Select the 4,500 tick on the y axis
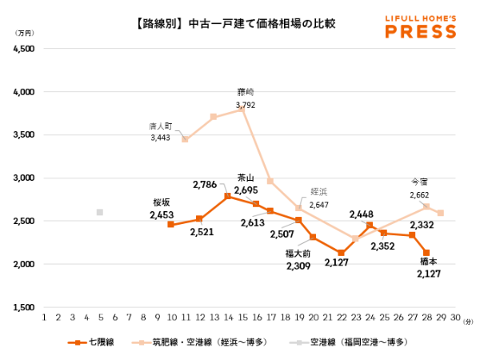23,49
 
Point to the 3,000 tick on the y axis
23,178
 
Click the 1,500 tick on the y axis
23,307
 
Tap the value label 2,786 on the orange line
206,184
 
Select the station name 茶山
246,178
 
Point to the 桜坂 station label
162,203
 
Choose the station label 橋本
429,262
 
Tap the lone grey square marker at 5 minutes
100,212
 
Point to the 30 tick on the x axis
454,318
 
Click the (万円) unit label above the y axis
25,34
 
